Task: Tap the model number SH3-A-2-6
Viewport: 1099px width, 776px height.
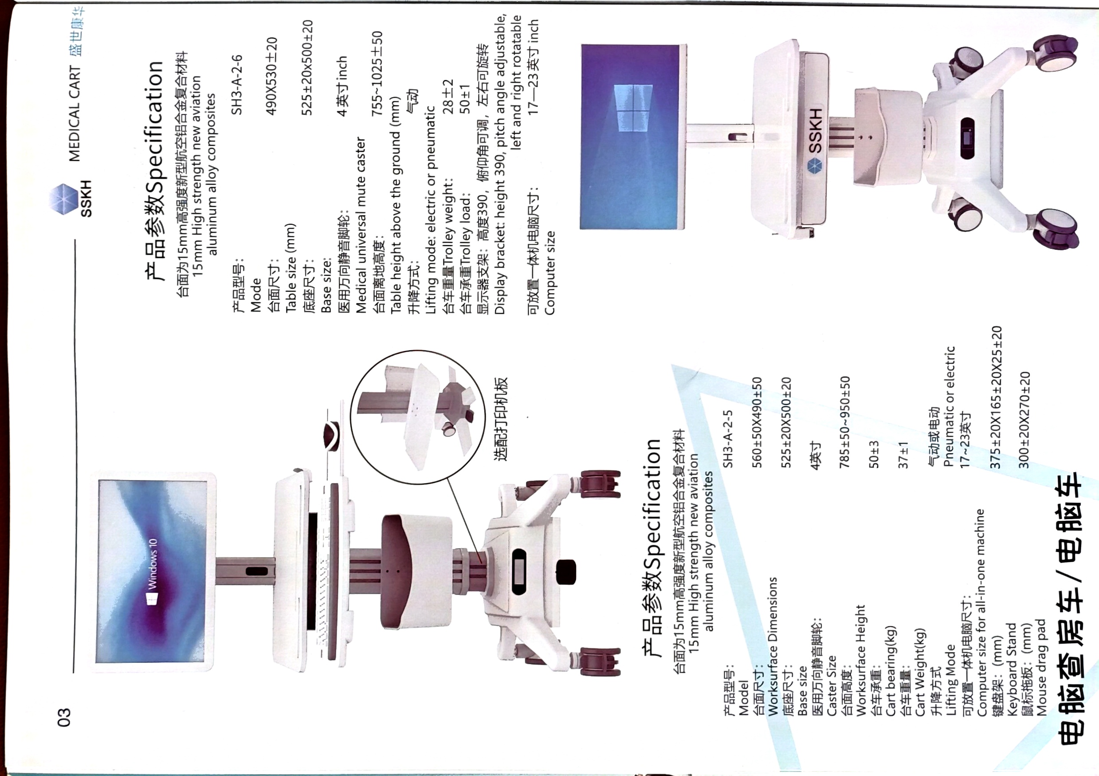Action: coord(238,85)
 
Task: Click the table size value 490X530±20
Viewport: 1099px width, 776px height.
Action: coord(272,75)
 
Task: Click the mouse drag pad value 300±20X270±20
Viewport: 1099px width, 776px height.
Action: coord(1024,420)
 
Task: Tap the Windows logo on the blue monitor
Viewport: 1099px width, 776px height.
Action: coord(633,109)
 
